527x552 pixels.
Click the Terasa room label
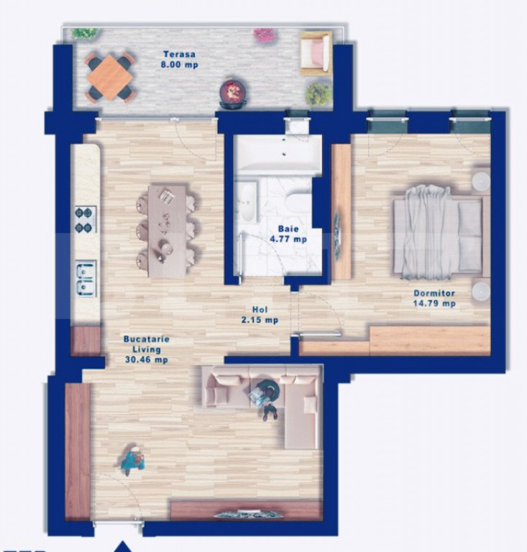coord(179,54)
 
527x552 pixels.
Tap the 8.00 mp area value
coord(179,65)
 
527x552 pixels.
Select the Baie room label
coord(288,229)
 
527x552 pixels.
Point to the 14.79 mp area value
coord(434,303)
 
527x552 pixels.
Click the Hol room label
coord(260,310)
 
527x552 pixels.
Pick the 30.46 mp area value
coord(147,360)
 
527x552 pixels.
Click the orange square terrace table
coord(110,78)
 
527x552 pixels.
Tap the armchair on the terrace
coord(316,52)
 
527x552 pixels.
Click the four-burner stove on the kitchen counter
coord(85,220)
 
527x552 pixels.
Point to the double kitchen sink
coord(86,278)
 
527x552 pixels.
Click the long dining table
coord(167,231)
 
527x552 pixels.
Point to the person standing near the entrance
coord(132,459)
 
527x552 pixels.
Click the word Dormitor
coord(434,293)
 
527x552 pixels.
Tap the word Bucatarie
coord(147,339)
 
